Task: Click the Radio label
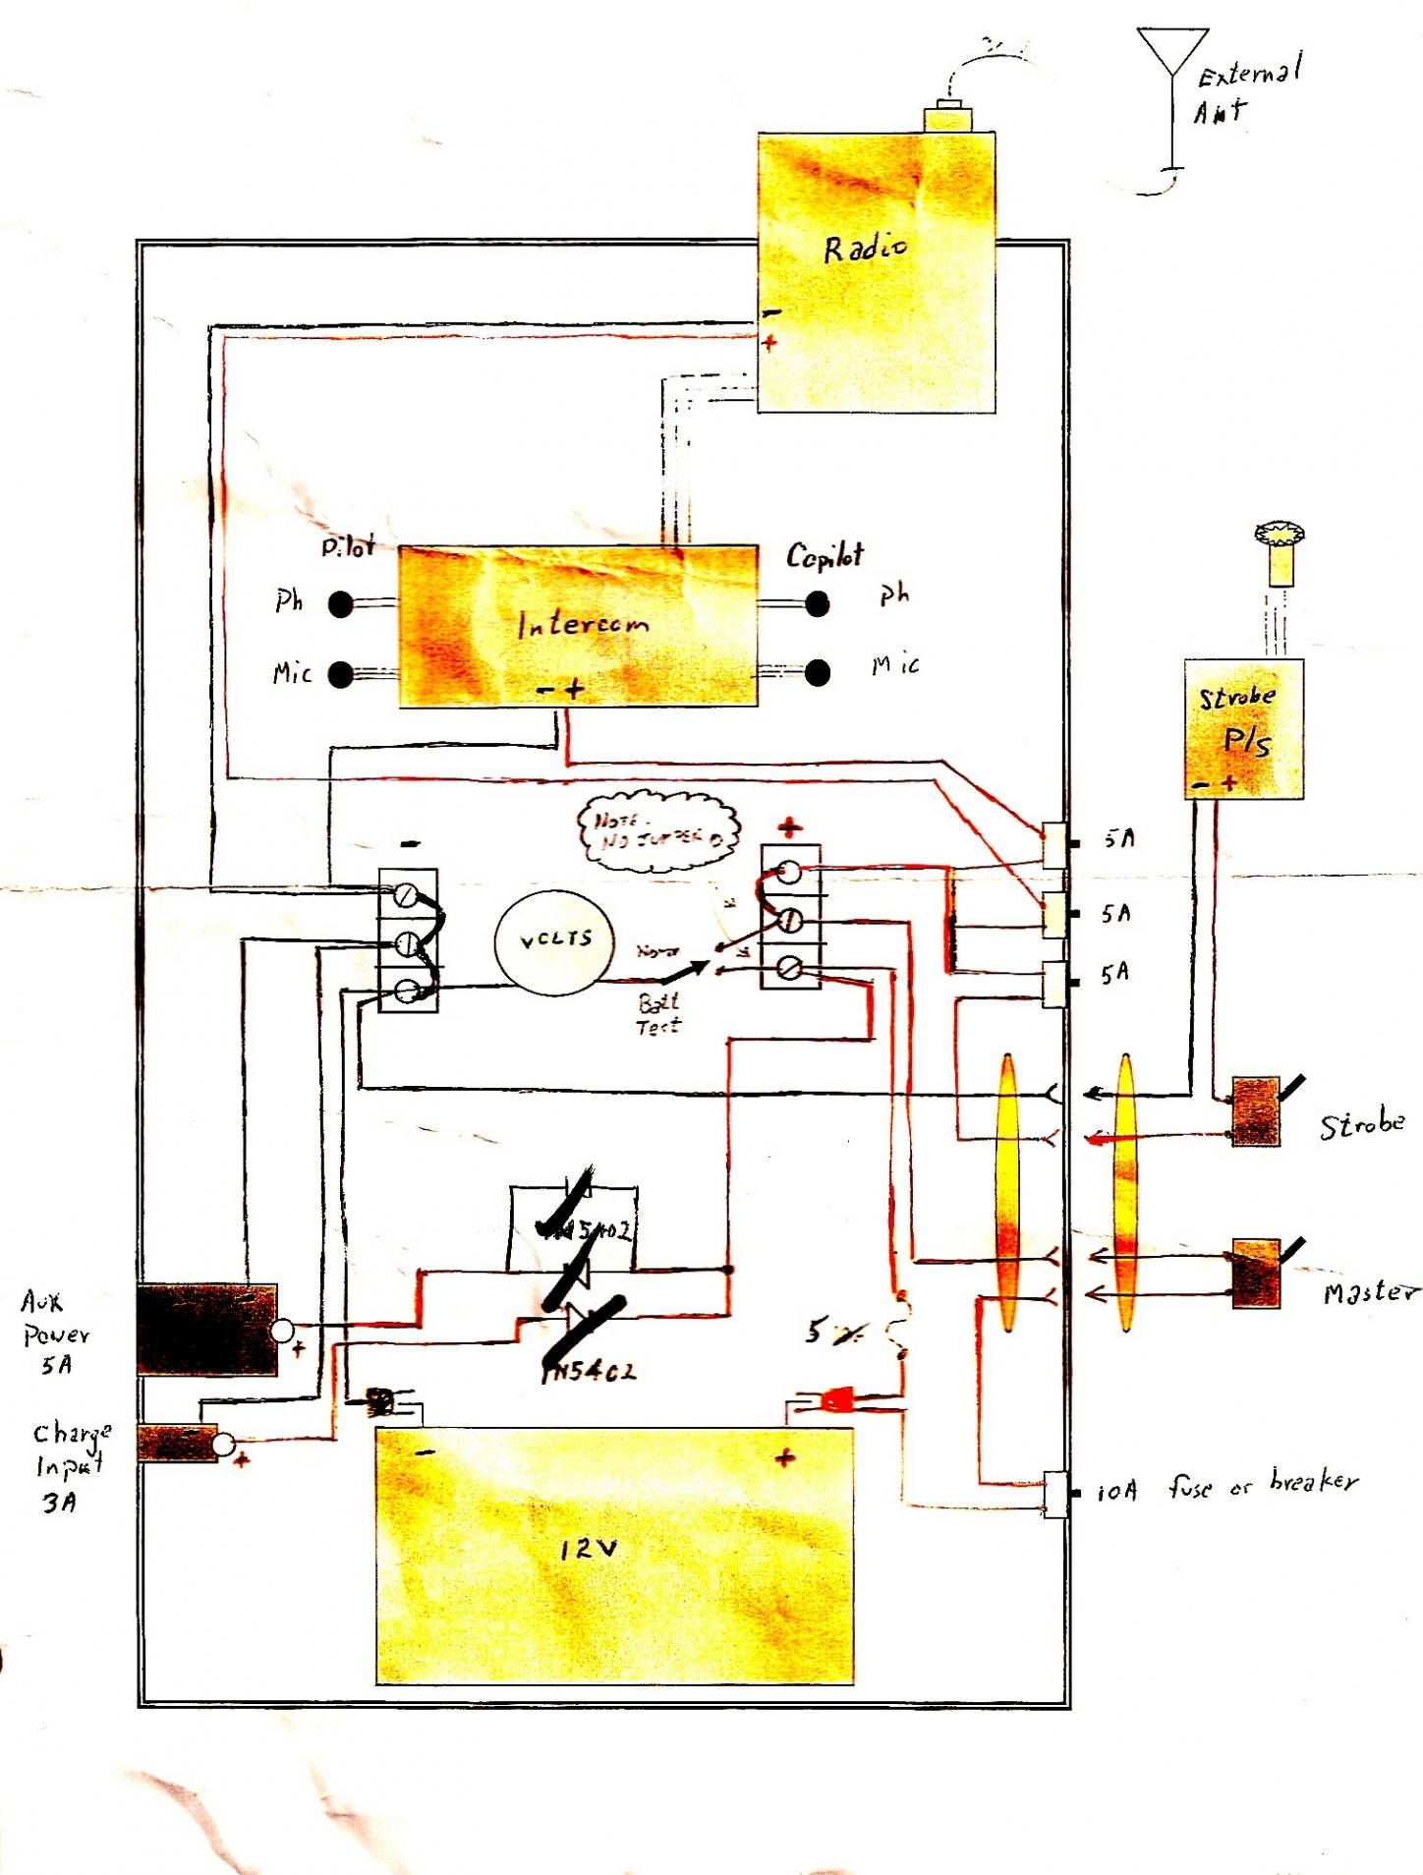(865, 248)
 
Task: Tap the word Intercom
(583, 623)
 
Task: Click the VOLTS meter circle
(555, 940)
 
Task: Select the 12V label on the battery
(589, 1550)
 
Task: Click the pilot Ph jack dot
(341, 603)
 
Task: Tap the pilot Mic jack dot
(341, 674)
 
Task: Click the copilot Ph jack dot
(817, 603)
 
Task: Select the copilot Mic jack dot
(817, 672)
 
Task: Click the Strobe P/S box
(1243, 728)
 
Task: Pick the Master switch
(1257, 1273)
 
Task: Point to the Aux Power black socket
(207, 1329)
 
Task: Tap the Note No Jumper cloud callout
(656, 831)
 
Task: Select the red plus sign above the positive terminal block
(790, 827)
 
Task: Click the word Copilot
(825, 556)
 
